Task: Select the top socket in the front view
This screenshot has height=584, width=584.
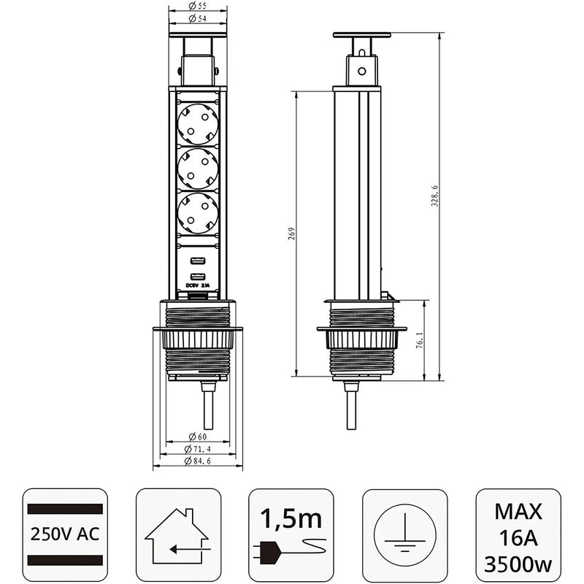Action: [x=197, y=121]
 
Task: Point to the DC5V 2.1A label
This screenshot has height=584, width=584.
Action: [x=197, y=287]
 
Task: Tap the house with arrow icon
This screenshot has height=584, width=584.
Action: [x=178, y=536]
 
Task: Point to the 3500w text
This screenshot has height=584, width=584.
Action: [x=518, y=564]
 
